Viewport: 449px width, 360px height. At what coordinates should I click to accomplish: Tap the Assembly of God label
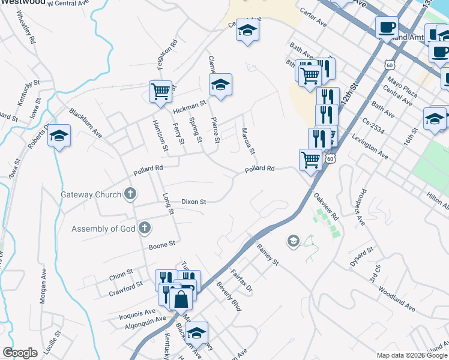click(103, 229)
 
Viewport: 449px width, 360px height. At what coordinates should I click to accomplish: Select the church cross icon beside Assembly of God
click(143, 228)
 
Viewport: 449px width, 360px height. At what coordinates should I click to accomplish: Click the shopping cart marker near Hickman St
click(160, 92)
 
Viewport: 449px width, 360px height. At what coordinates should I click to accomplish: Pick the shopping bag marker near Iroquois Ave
click(180, 298)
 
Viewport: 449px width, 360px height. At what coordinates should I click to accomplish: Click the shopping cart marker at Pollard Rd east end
click(310, 160)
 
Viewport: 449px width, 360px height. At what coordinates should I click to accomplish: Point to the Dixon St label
click(194, 202)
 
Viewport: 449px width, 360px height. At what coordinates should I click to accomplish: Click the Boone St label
click(161, 244)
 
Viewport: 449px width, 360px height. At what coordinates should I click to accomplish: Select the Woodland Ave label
click(397, 298)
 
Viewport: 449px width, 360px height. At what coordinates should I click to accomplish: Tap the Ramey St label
click(268, 253)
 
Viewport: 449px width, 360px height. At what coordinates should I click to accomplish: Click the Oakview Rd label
click(327, 206)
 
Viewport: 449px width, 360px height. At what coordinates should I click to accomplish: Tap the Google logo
click(20, 353)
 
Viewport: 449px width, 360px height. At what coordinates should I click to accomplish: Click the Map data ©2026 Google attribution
click(411, 355)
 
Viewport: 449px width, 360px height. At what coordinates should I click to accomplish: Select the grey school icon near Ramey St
click(293, 241)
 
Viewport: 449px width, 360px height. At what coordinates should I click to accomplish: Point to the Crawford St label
click(125, 285)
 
